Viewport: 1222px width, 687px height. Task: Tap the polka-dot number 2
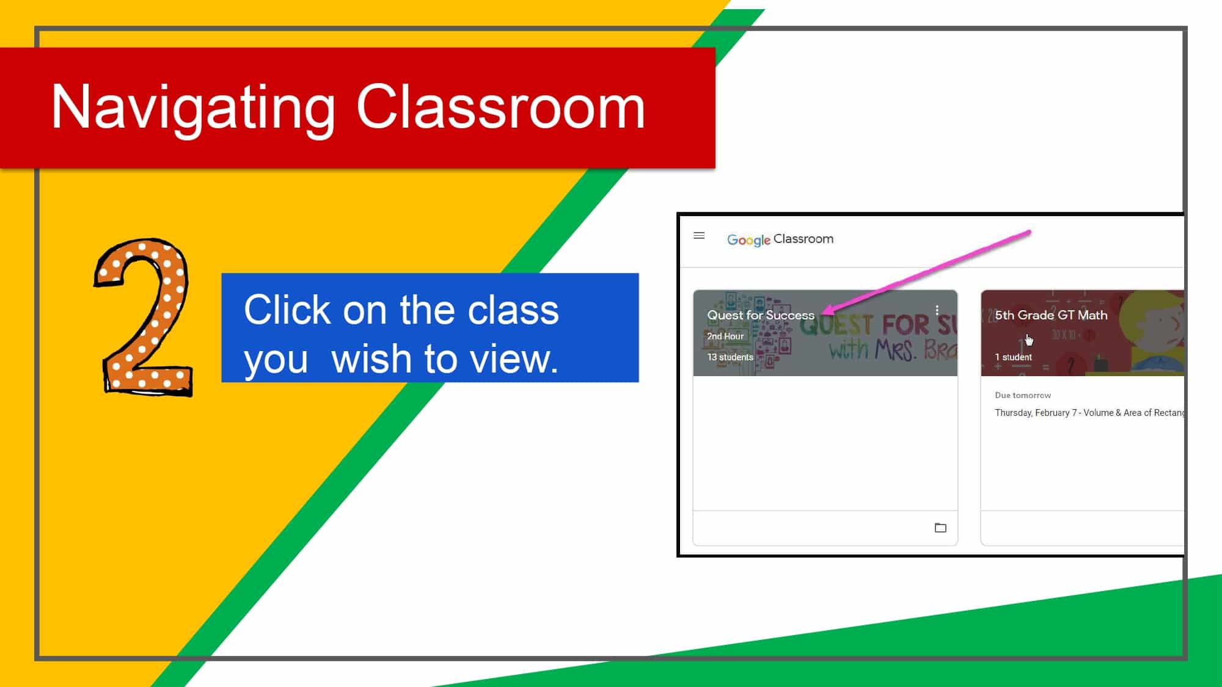144,318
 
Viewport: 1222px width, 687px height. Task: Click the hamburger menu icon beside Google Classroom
699,236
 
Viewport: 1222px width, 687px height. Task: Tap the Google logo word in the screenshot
748,240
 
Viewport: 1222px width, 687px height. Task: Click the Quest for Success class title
760,315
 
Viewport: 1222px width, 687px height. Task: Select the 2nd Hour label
725,336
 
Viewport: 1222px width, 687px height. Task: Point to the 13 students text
730,357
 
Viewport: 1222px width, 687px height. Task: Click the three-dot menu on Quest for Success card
937,311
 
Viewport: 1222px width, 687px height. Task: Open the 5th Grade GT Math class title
1050,315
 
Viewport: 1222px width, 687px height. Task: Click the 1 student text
1013,357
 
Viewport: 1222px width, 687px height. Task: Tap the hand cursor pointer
1029,340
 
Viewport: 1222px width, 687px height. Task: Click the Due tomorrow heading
1022,395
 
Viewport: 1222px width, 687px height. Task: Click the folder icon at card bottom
940,528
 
